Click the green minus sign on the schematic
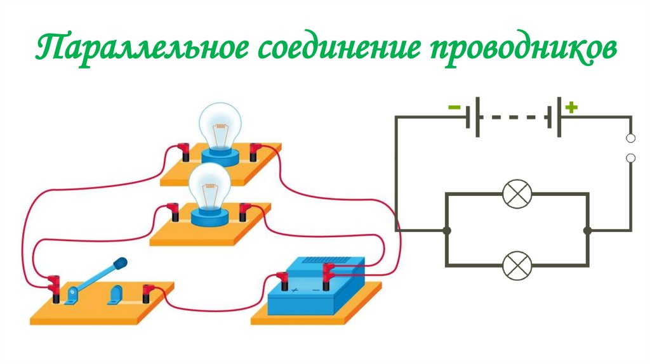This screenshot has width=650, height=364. coord(454,108)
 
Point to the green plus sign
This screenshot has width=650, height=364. coord(571,108)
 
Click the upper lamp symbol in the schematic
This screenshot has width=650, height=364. coord(516,194)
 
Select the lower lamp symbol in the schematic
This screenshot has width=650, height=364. coord(516,265)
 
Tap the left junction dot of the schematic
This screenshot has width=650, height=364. coord(447,230)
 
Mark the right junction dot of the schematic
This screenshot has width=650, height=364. coord(587,230)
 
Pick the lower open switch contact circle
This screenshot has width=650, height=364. coord(630,158)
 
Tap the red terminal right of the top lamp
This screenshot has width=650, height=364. coord(255,152)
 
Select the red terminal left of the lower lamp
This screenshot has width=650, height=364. coord(172,211)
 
